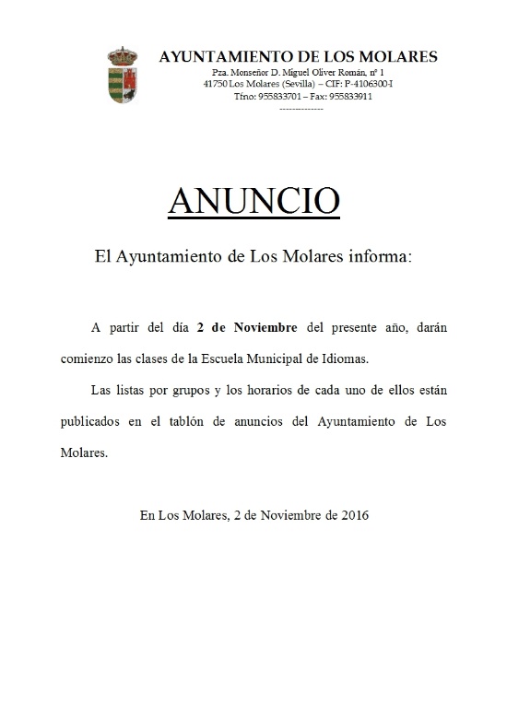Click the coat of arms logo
124,75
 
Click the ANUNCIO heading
253,201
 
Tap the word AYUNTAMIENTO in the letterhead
219,56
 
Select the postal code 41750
217,84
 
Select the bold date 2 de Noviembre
247,327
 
